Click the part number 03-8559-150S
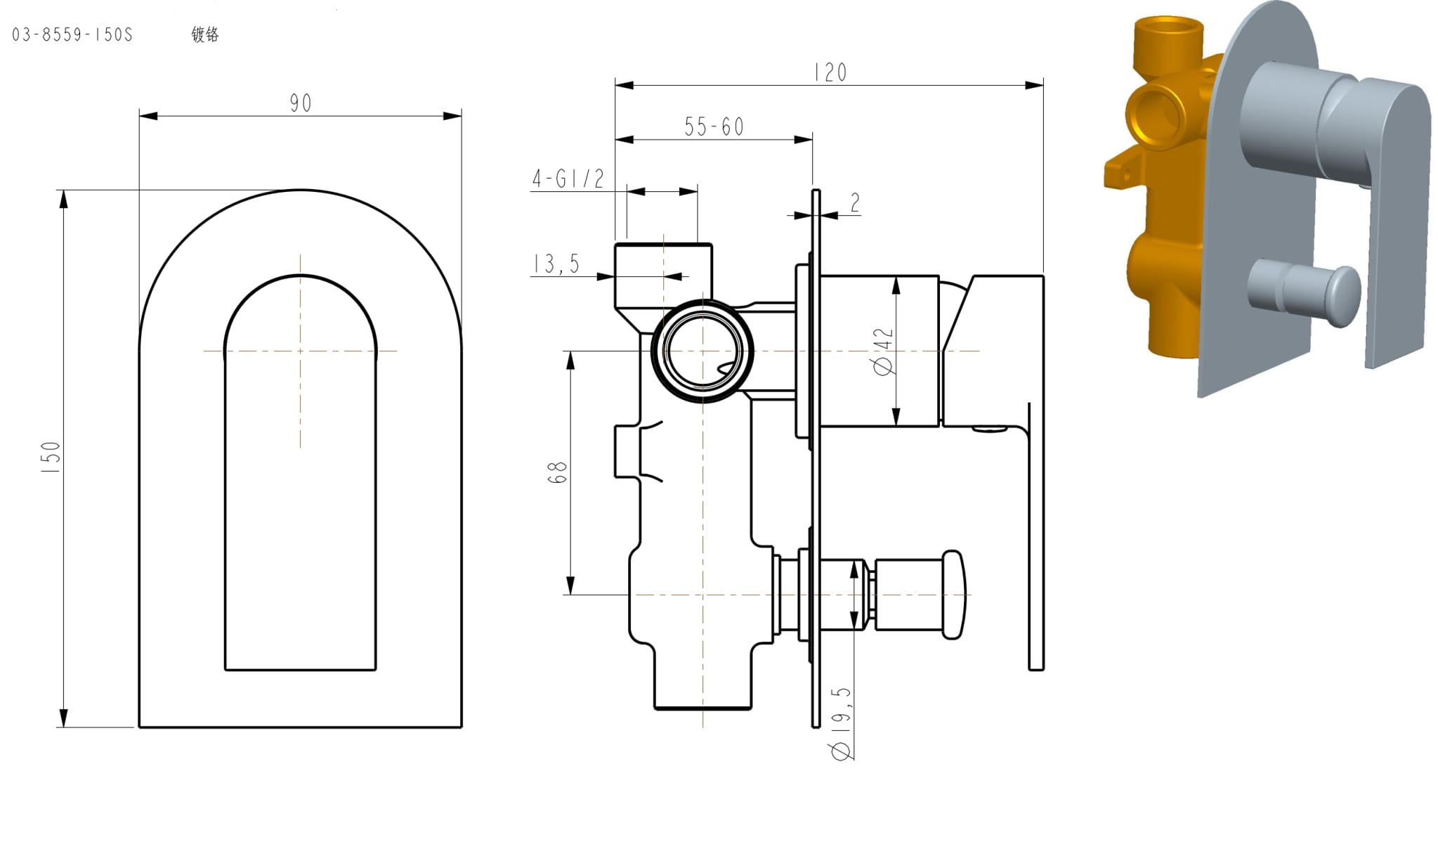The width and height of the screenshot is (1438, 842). [x=72, y=34]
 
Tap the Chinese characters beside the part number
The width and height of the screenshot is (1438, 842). [x=205, y=34]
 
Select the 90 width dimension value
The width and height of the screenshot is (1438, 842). [x=301, y=103]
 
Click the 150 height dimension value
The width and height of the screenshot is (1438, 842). [x=51, y=457]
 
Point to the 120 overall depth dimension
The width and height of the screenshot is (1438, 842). [x=830, y=72]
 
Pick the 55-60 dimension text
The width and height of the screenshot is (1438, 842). [x=714, y=127]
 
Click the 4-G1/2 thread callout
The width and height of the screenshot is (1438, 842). [x=568, y=179]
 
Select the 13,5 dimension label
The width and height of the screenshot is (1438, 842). [x=556, y=264]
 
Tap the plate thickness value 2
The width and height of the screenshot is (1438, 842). [x=855, y=203]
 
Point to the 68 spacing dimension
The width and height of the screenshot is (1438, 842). [x=556, y=472]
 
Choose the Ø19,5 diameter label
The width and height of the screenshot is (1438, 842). [x=841, y=724]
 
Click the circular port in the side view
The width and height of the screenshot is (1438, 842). [x=702, y=351]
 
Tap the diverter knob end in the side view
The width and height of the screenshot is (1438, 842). [x=953, y=595]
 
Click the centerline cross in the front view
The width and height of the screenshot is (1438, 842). [x=301, y=351]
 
